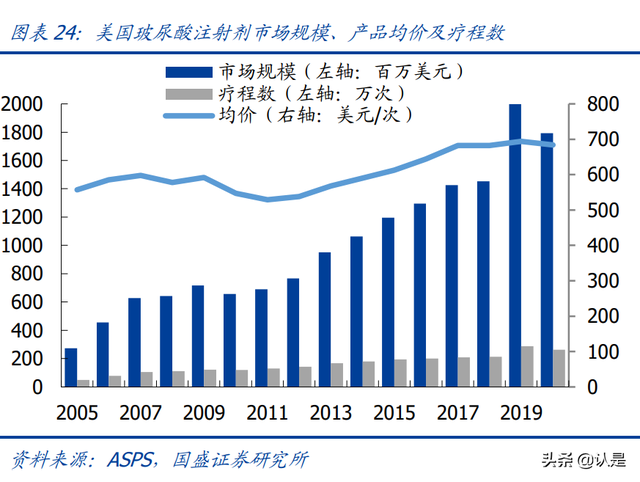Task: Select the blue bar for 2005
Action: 71,367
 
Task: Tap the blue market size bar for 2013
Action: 324,319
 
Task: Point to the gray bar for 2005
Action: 84,382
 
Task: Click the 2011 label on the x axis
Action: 268,412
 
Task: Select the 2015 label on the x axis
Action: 395,412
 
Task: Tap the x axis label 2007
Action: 141,412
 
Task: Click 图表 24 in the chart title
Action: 44,32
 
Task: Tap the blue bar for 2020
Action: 547,260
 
